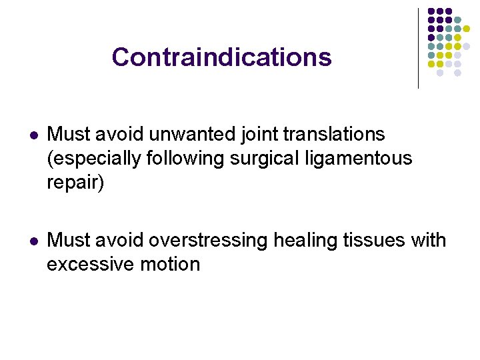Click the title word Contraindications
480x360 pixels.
221,57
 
